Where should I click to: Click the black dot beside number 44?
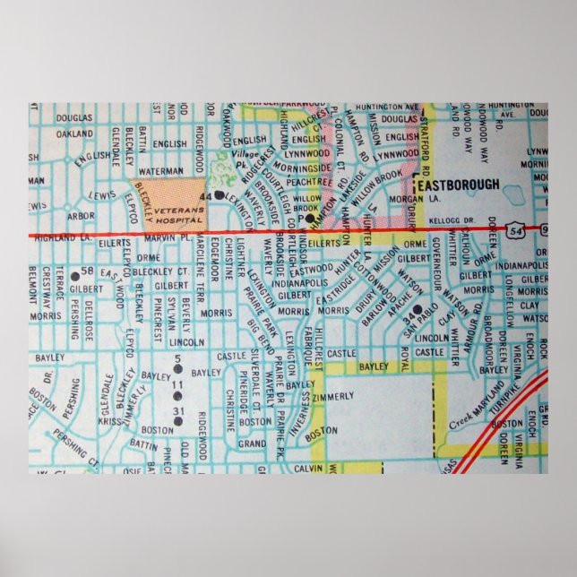tap(219, 194)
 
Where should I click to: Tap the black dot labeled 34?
tap(418, 308)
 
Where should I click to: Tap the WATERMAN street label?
tap(161, 168)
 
